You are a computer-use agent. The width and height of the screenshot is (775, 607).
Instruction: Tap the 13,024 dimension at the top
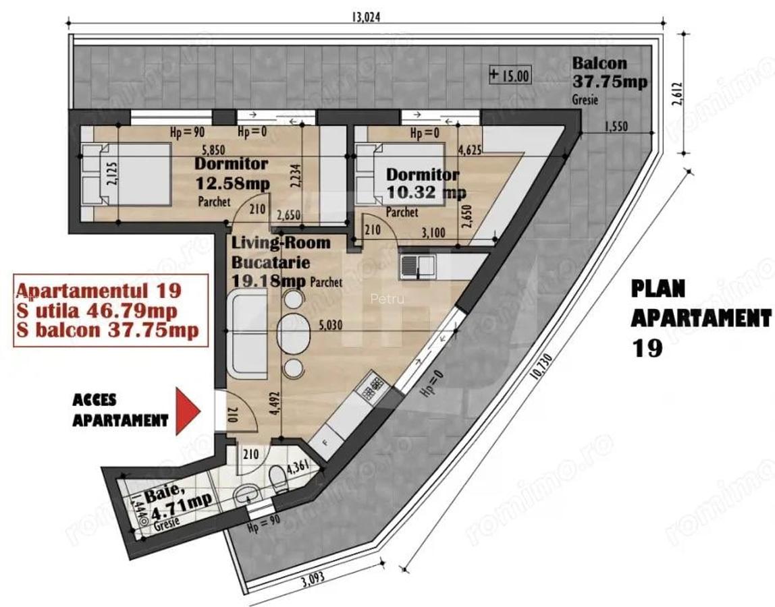[366, 18]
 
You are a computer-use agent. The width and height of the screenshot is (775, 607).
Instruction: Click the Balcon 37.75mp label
[610, 73]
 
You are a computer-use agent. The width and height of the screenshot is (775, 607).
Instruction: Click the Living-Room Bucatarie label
[281, 252]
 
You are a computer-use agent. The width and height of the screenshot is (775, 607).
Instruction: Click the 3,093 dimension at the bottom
[313, 579]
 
